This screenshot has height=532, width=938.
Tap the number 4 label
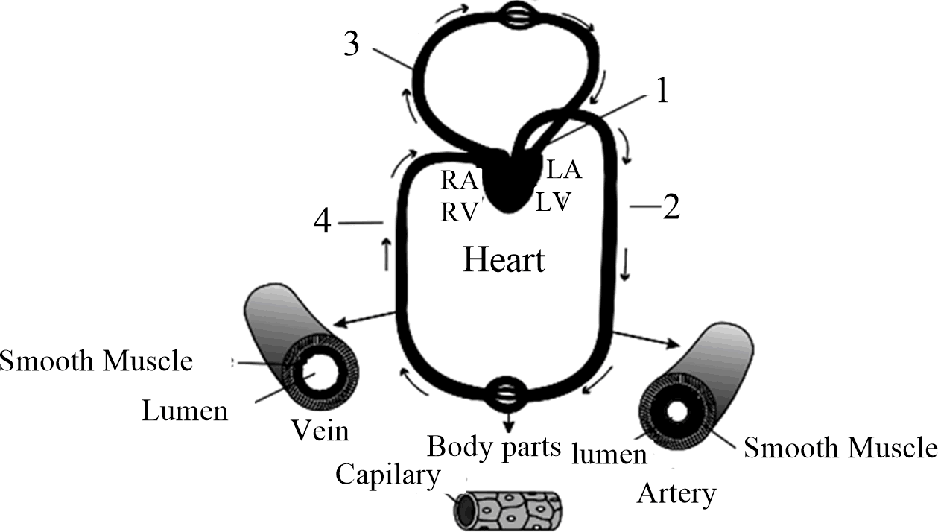[323, 223]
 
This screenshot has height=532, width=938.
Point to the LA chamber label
[564, 170]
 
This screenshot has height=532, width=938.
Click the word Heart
[504, 260]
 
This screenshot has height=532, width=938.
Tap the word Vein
[318, 431]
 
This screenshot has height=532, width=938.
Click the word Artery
[676, 493]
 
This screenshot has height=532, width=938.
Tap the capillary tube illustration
[507, 509]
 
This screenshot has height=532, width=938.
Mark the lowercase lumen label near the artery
[609, 453]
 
